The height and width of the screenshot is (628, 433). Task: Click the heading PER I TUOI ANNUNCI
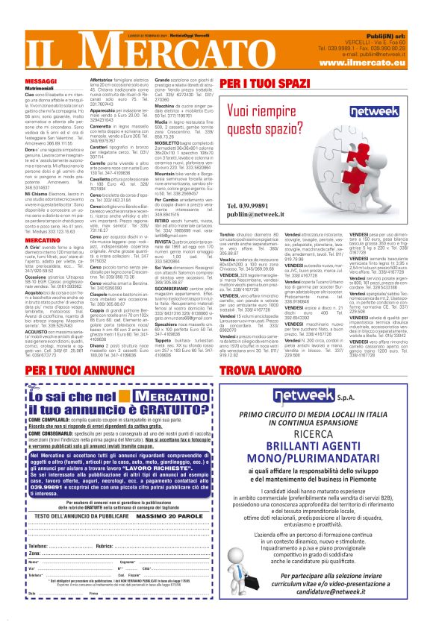click(x=69, y=371)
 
